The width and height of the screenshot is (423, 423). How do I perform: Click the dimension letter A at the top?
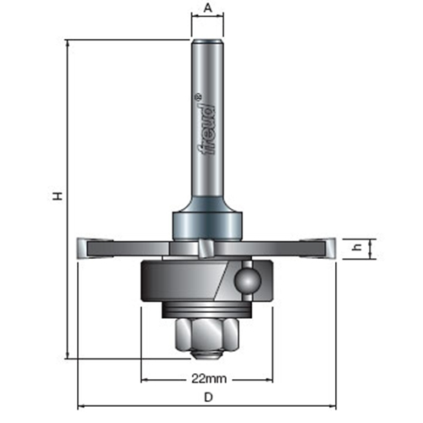point(208,8)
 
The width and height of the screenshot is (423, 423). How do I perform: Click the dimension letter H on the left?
point(58,196)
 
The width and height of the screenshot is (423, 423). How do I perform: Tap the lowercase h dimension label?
point(358,248)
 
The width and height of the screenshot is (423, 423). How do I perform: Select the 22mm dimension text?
point(209,379)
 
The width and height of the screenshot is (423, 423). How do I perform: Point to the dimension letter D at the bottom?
point(208,398)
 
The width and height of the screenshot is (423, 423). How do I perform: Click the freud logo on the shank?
point(208,128)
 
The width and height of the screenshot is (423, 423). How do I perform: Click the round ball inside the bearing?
point(249,280)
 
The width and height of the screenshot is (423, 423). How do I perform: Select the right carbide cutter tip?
point(330,248)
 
